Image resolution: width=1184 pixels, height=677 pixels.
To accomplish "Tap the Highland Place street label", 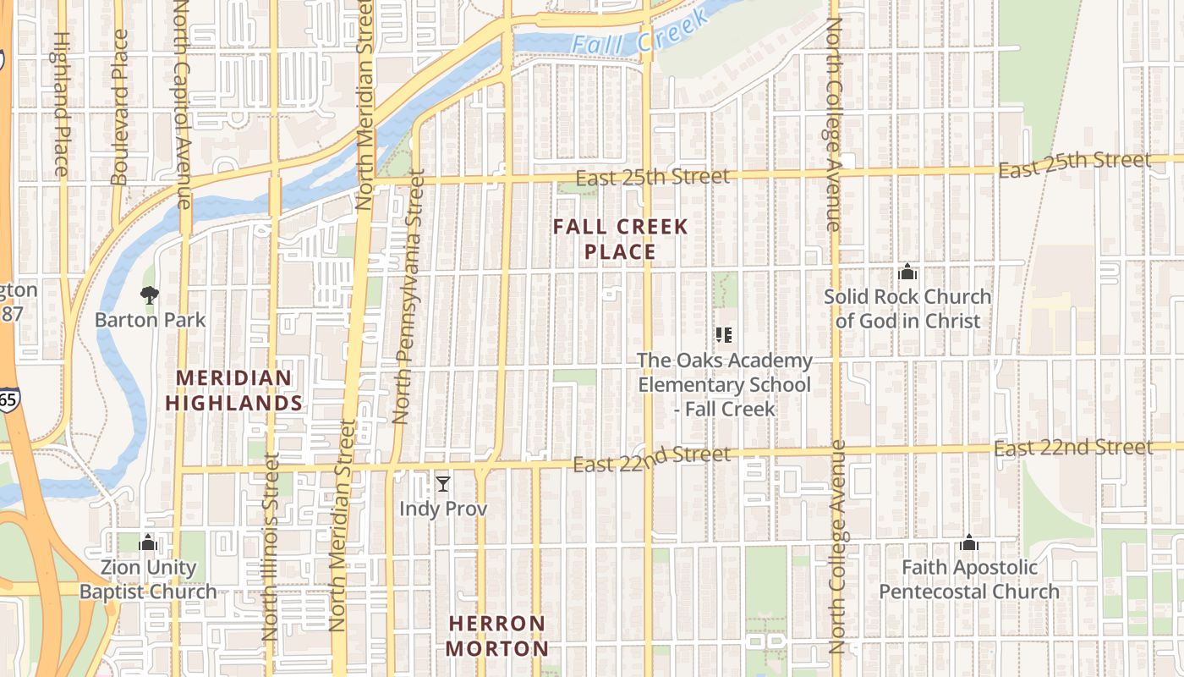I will [x=61, y=103].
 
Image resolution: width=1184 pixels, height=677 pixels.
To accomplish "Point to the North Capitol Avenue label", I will [x=184, y=103].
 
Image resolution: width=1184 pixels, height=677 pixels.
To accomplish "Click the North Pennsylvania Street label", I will [x=408, y=296].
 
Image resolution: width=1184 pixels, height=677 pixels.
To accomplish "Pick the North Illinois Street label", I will [x=271, y=546].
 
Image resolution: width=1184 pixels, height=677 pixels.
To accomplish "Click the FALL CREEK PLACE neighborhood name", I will [x=621, y=239].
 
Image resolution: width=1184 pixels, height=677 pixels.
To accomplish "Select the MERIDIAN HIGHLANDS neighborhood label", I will [x=233, y=391].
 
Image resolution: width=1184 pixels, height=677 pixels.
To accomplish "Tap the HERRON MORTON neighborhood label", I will [x=497, y=636].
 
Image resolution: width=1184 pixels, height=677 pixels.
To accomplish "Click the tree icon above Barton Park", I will [x=150, y=295].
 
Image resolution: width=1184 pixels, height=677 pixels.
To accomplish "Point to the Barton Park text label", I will [x=150, y=320].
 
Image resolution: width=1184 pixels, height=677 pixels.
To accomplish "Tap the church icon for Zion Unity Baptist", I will [x=148, y=542].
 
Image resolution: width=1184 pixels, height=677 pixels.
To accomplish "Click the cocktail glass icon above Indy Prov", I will [x=443, y=484].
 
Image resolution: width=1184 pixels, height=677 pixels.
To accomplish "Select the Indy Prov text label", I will [x=443, y=509].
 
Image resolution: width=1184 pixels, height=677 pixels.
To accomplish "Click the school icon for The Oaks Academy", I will [x=724, y=335].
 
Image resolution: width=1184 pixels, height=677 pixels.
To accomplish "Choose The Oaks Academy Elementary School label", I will [x=724, y=384].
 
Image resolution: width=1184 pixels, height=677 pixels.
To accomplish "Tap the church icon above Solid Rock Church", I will [x=907, y=272].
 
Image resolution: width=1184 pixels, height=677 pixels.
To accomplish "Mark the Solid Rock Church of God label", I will [x=907, y=309].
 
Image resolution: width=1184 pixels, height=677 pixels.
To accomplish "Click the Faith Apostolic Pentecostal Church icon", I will [x=969, y=542].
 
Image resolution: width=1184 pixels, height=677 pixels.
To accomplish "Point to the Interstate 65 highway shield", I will [x=7, y=399].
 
